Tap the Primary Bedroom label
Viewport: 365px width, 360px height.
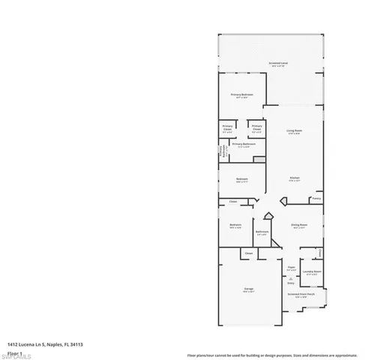pyautogui.click(x=241, y=94)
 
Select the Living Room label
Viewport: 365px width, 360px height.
pyautogui.click(x=294, y=131)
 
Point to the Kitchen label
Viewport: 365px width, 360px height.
pyautogui.click(x=295, y=178)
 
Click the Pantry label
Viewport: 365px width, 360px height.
pyautogui.click(x=316, y=199)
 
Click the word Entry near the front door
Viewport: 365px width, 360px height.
pyautogui.click(x=291, y=283)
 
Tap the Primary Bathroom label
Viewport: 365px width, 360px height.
pyautogui.click(x=244, y=143)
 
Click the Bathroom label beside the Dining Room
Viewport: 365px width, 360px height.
pyautogui.click(x=262, y=232)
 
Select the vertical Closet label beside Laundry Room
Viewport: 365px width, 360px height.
pyautogui.click(x=320, y=252)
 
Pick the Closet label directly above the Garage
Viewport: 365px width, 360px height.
pyautogui.click(x=248, y=254)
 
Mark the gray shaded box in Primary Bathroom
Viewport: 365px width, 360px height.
pyautogui.click(x=259, y=160)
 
